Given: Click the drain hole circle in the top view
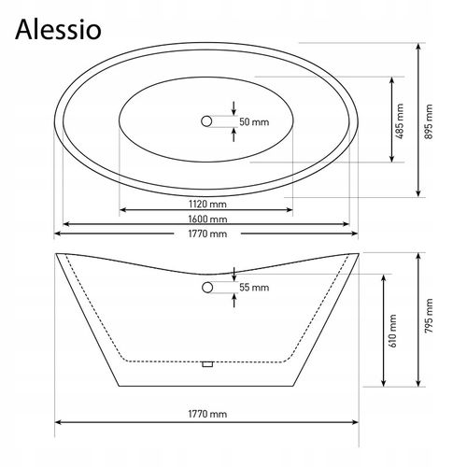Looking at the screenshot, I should pos(205,120).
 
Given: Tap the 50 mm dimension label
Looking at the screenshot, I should pos(254,121).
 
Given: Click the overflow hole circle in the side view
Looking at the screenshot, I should pos(205,290).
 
